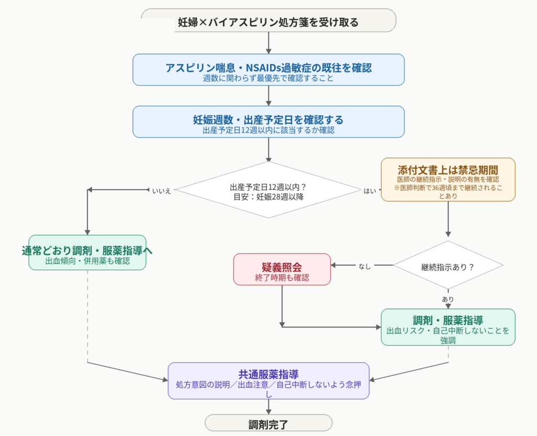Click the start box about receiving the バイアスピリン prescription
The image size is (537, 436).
[x=268, y=20]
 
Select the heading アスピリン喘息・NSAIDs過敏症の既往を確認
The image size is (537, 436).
[x=268, y=68]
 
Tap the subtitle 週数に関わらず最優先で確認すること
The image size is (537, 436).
[x=268, y=79]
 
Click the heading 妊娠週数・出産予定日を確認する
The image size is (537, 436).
[x=268, y=120]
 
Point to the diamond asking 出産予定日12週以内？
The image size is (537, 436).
[x=268, y=190]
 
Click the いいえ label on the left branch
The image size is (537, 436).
[x=162, y=191]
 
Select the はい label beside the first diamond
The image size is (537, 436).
[x=370, y=191]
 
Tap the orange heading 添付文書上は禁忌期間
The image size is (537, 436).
[x=448, y=170]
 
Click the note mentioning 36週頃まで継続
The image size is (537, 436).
[x=448, y=192]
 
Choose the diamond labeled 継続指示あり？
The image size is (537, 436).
[x=448, y=265]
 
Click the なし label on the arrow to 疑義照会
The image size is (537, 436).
[x=364, y=266]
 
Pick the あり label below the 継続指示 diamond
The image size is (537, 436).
[x=448, y=299]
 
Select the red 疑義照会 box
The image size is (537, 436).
[x=282, y=269]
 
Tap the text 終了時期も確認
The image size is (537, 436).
[x=282, y=278]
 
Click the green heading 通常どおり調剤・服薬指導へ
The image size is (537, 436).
[x=87, y=250]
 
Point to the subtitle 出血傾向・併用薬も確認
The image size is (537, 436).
[x=88, y=261]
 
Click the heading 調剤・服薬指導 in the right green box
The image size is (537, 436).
[x=448, y=321]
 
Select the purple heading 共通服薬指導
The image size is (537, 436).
[x=268, y=374]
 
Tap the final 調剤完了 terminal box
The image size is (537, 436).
[x=268, y=423]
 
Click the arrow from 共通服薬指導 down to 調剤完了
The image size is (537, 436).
[x=268, y=407]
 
